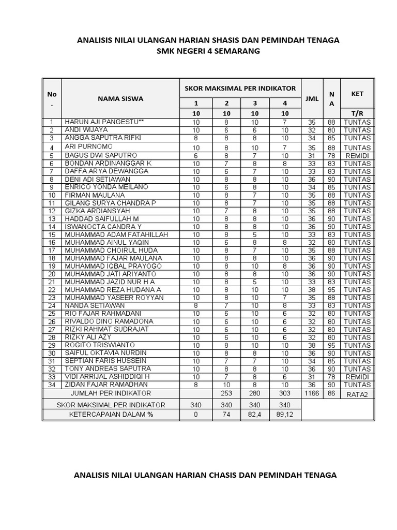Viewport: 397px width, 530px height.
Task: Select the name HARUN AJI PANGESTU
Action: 104,122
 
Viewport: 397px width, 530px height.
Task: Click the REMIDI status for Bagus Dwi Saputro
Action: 357,156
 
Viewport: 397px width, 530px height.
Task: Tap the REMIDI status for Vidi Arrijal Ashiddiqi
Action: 357,377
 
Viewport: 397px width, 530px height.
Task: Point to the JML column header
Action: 311,98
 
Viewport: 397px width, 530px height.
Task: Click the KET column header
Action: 357,94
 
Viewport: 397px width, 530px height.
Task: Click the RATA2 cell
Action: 357,394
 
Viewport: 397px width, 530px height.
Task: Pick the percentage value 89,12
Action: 284,415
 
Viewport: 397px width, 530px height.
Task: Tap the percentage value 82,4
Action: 255,415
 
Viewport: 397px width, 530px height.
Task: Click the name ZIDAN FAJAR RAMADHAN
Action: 105,385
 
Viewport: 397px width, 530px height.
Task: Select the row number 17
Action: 52,250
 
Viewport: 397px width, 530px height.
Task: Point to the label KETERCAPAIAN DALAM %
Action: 111,415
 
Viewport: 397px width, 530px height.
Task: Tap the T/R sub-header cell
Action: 357,113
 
